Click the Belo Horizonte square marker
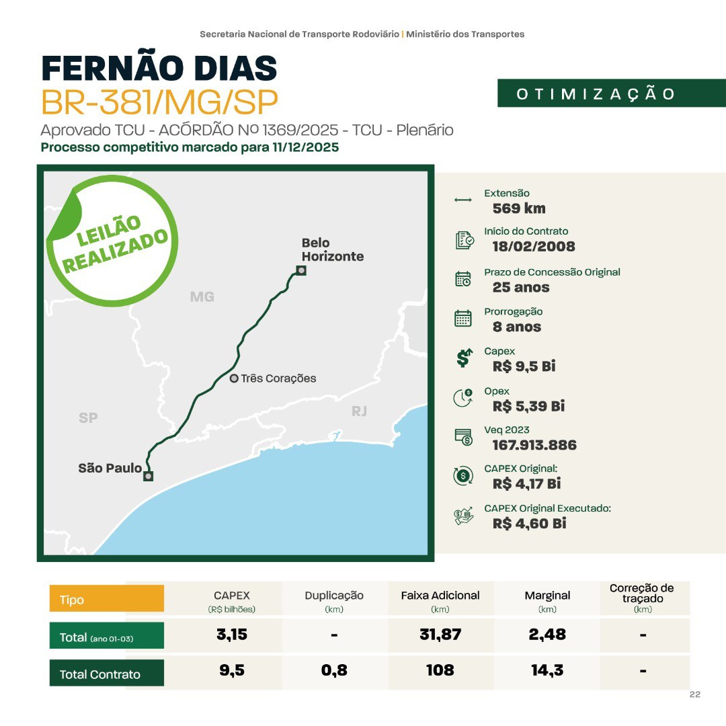301,270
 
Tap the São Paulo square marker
148,476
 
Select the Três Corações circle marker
234,378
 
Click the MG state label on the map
202,296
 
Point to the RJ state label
360,411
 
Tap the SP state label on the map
88,417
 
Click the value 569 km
519,208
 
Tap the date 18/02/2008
534,246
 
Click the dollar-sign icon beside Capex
463,358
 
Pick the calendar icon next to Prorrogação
463,318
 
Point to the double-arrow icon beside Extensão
463,200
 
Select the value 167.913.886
534,445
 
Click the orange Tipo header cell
106,599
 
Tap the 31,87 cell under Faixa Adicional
440,634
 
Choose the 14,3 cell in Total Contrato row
547,670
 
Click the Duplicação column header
334,596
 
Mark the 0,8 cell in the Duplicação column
334,670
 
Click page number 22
695,694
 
